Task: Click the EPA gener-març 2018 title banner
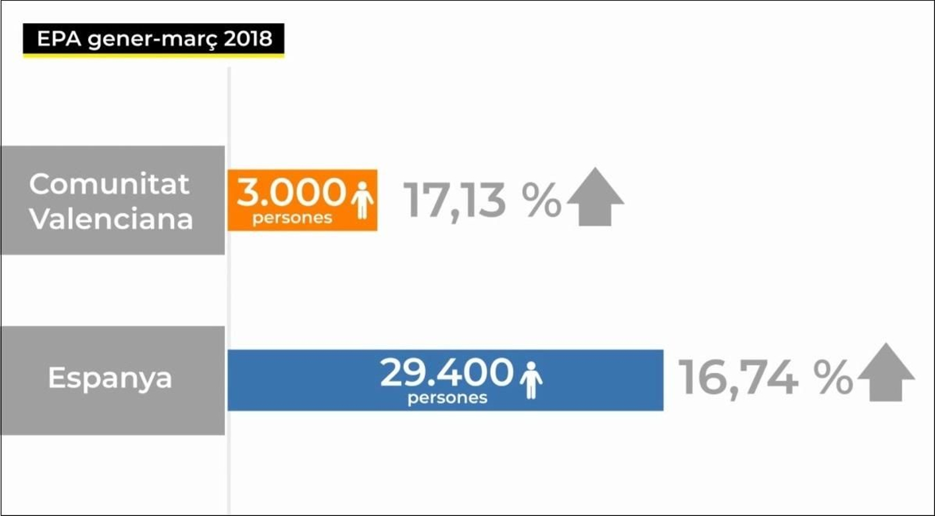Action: click(153, 39)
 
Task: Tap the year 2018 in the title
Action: click(248, 39)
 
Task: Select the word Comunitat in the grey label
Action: click(109, 184)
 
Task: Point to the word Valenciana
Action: click(111, 219)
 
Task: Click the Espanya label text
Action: click(110, 378)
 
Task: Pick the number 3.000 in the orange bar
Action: click(291, 193)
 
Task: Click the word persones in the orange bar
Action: click(292, 218)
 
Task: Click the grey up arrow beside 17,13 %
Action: click(595, 197)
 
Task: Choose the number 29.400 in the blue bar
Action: click(446, 372)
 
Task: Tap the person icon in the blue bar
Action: click(531, 380)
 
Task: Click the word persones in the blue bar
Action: click(448, 398)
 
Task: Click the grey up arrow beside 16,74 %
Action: click(886, 373)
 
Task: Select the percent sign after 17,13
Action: click(541, 200)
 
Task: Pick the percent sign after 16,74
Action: click(833, 378)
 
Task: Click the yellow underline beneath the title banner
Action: click(153, 56)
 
